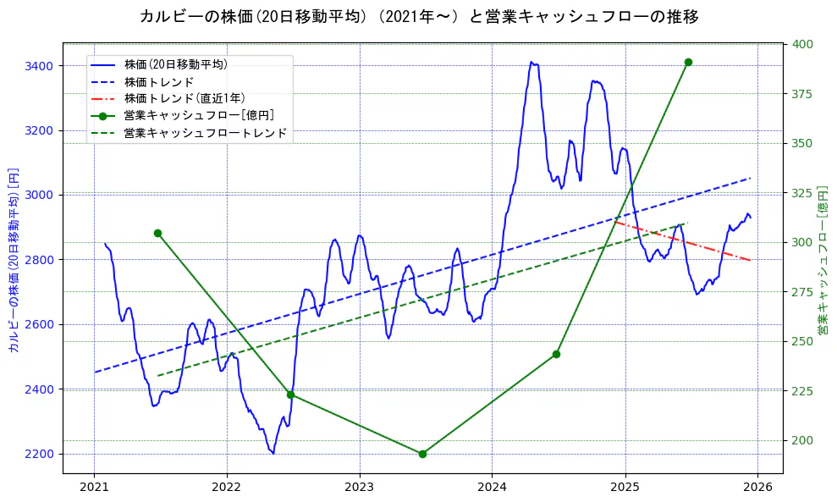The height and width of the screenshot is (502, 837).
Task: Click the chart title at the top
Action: coord(418,16)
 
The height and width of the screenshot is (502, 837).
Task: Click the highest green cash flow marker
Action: coord(688,62)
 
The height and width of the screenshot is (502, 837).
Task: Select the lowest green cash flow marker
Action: coord(422,454)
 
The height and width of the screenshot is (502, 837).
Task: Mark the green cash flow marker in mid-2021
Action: coord(157,233)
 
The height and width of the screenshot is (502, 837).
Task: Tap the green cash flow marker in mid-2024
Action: coord(556,354)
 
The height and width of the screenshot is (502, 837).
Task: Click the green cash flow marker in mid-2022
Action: coord(290,394)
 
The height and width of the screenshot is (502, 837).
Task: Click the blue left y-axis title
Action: coord(13,260)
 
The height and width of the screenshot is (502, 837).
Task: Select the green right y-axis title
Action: coord(822,259)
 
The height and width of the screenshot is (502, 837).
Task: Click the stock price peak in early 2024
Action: coord(531,62)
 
